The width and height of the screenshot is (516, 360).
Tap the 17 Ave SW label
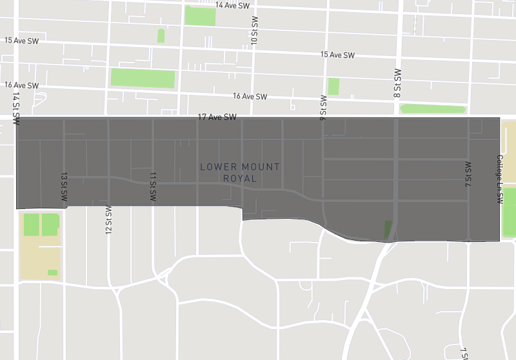217,117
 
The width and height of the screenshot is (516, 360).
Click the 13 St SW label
64,188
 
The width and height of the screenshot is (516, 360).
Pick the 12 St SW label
108,220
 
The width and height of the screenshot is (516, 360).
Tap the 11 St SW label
153,188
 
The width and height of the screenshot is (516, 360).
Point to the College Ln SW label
499,179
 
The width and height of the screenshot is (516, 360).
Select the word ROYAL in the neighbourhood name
240,178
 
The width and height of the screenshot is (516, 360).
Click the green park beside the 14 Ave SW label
200,15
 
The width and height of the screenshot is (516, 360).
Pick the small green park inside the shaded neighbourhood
388,229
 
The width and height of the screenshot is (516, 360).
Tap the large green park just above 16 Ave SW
143,78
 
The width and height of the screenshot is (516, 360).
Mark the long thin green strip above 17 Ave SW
433,108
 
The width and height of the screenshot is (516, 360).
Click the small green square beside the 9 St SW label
333,86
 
